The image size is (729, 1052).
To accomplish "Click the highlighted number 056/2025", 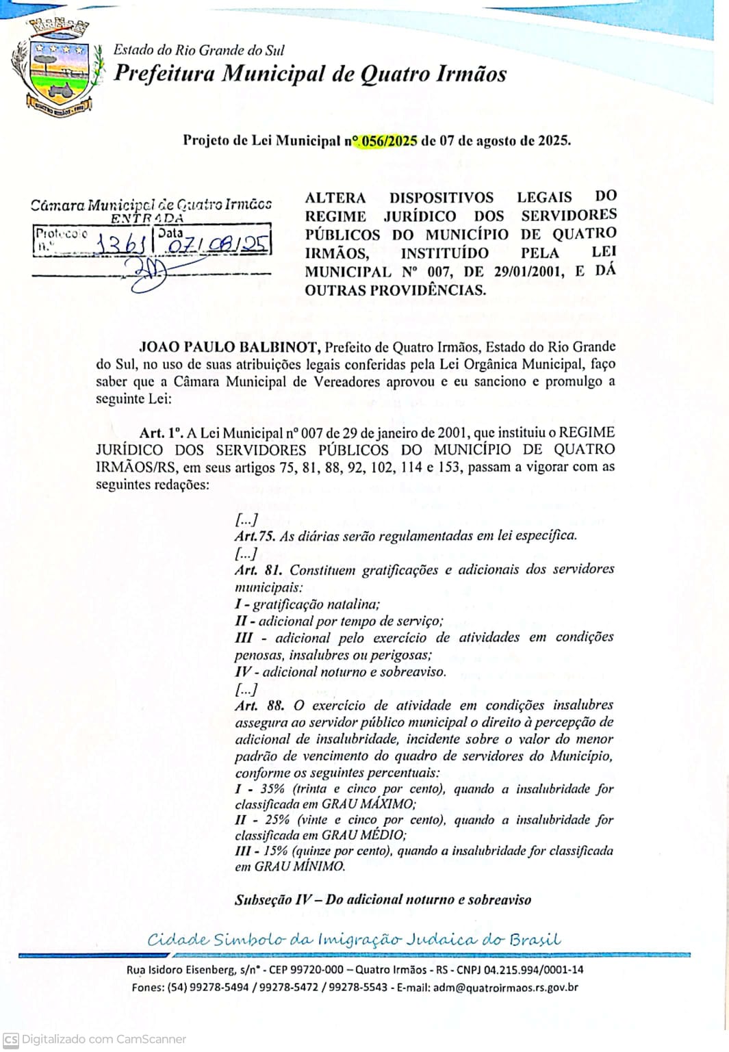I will [x=389, y=141].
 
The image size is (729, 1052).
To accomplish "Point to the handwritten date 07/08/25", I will [x=218, y=244].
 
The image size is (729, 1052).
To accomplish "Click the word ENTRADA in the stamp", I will [x=147, y=219].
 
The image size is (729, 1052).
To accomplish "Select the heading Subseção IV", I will [x=274, y=900].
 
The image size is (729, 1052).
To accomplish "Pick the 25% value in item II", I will [x=277, y=820].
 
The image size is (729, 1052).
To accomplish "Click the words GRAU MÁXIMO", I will [x=368, y=804].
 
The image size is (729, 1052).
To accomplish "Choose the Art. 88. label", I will [x=259, y=706].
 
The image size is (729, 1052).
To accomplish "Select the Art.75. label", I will [x=255, y=536].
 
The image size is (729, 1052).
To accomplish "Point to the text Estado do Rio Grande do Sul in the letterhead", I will [x=199, y=50].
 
